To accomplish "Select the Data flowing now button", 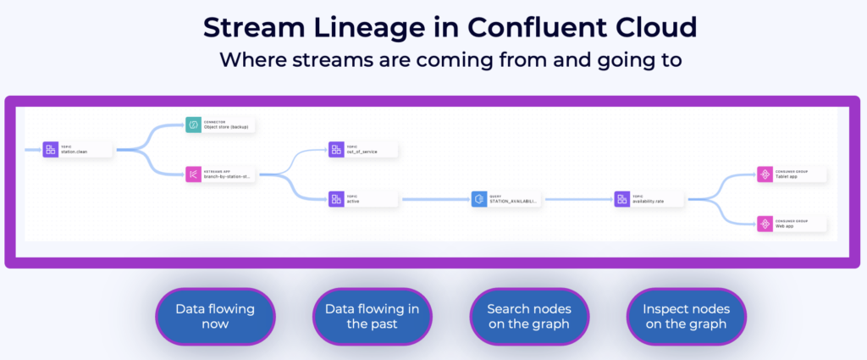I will [x=215, y=317].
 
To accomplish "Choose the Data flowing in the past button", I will [x=372, y=317].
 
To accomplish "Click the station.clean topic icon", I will [x=51, y=150].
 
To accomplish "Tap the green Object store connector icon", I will [x=193, y=125].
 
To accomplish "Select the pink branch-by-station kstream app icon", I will [x=193, y=174].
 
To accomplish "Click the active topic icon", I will [x=336, y=199].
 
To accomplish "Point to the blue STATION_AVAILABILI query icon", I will [x=478, y=199].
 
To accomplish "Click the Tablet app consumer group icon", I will [x=764, y=174].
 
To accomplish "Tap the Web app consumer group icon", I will [x=764, y=224].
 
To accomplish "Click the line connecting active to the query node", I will [x=434, y=200].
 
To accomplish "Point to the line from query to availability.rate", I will [x=577, y=200].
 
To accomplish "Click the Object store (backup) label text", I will [x=227, y=128].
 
